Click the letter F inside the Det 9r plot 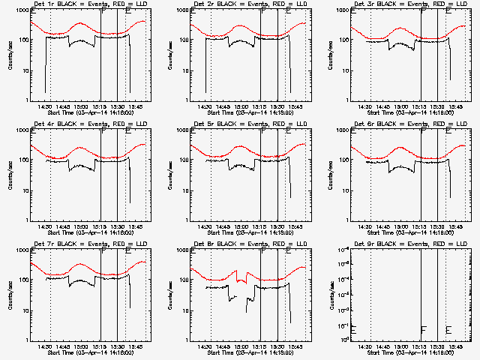tap(423, 330)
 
